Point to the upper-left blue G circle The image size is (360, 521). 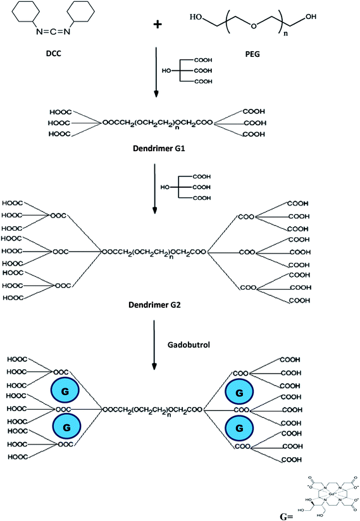[x=64, y=393]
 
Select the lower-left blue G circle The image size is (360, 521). [x=64, y=428]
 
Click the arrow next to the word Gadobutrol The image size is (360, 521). [x=154, y=345]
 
